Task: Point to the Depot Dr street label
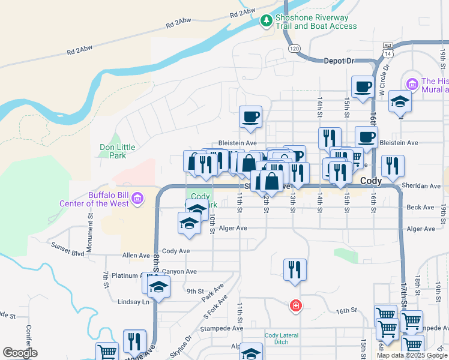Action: (340, 61)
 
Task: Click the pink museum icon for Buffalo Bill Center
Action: (137, 197)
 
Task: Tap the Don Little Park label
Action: (113, 151)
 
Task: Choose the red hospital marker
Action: (295, 306)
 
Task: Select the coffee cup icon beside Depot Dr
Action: (363, 86)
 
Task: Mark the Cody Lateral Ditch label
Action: (280, 338)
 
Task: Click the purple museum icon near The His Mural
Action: (412, 82)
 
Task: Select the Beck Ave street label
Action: (420, 208)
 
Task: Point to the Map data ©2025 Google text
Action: (411, 355)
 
